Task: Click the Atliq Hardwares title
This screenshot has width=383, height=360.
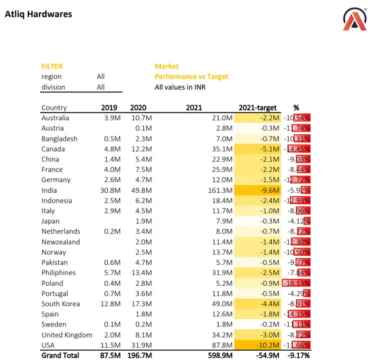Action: (38, 14)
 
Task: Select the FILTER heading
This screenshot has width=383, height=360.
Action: (52, 67)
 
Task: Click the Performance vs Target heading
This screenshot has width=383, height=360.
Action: (191, 77)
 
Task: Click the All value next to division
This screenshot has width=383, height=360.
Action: (101, 87)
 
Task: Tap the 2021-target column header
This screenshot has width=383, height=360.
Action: (257, 108)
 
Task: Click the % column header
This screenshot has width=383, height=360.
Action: (296, 108)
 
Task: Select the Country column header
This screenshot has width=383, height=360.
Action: (54, 108)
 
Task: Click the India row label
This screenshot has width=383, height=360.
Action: (49, 190)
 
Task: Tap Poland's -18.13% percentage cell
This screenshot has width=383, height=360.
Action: (298, 283)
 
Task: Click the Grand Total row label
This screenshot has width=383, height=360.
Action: (61, 356)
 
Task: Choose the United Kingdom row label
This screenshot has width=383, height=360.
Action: (67, 335)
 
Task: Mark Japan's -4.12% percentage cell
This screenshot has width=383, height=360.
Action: (299, 222)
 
